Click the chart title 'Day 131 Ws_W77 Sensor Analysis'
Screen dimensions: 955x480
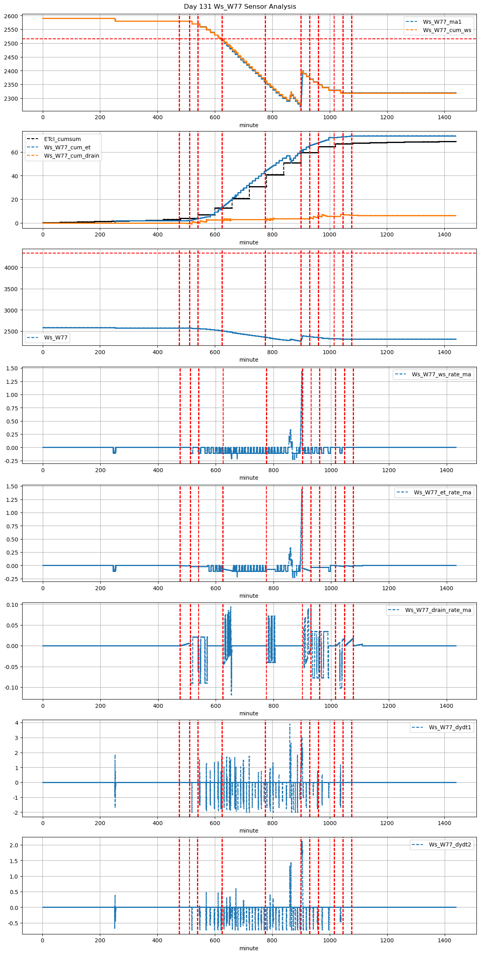tap(240, 7)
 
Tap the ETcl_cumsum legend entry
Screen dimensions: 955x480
tap(62, 139)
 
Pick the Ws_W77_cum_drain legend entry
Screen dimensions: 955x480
tap(71, 156)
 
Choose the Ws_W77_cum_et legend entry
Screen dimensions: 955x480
tap(67, 147)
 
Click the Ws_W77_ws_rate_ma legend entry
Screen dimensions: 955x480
tap(441, 374)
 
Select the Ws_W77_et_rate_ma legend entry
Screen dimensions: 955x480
tap(442, 492)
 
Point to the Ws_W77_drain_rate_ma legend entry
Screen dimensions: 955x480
tap(438, 610)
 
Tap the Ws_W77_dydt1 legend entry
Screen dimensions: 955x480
tap(450, 727)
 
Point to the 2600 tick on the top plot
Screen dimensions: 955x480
tap(12, 16)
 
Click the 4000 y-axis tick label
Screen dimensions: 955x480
tap(12, 268)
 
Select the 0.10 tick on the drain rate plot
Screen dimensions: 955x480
tap(12, 605)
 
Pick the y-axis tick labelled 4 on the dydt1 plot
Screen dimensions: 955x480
tap(16, 723)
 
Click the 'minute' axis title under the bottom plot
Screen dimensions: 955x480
tap(249, 948)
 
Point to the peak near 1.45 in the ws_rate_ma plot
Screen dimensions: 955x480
tap(302, 372)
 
